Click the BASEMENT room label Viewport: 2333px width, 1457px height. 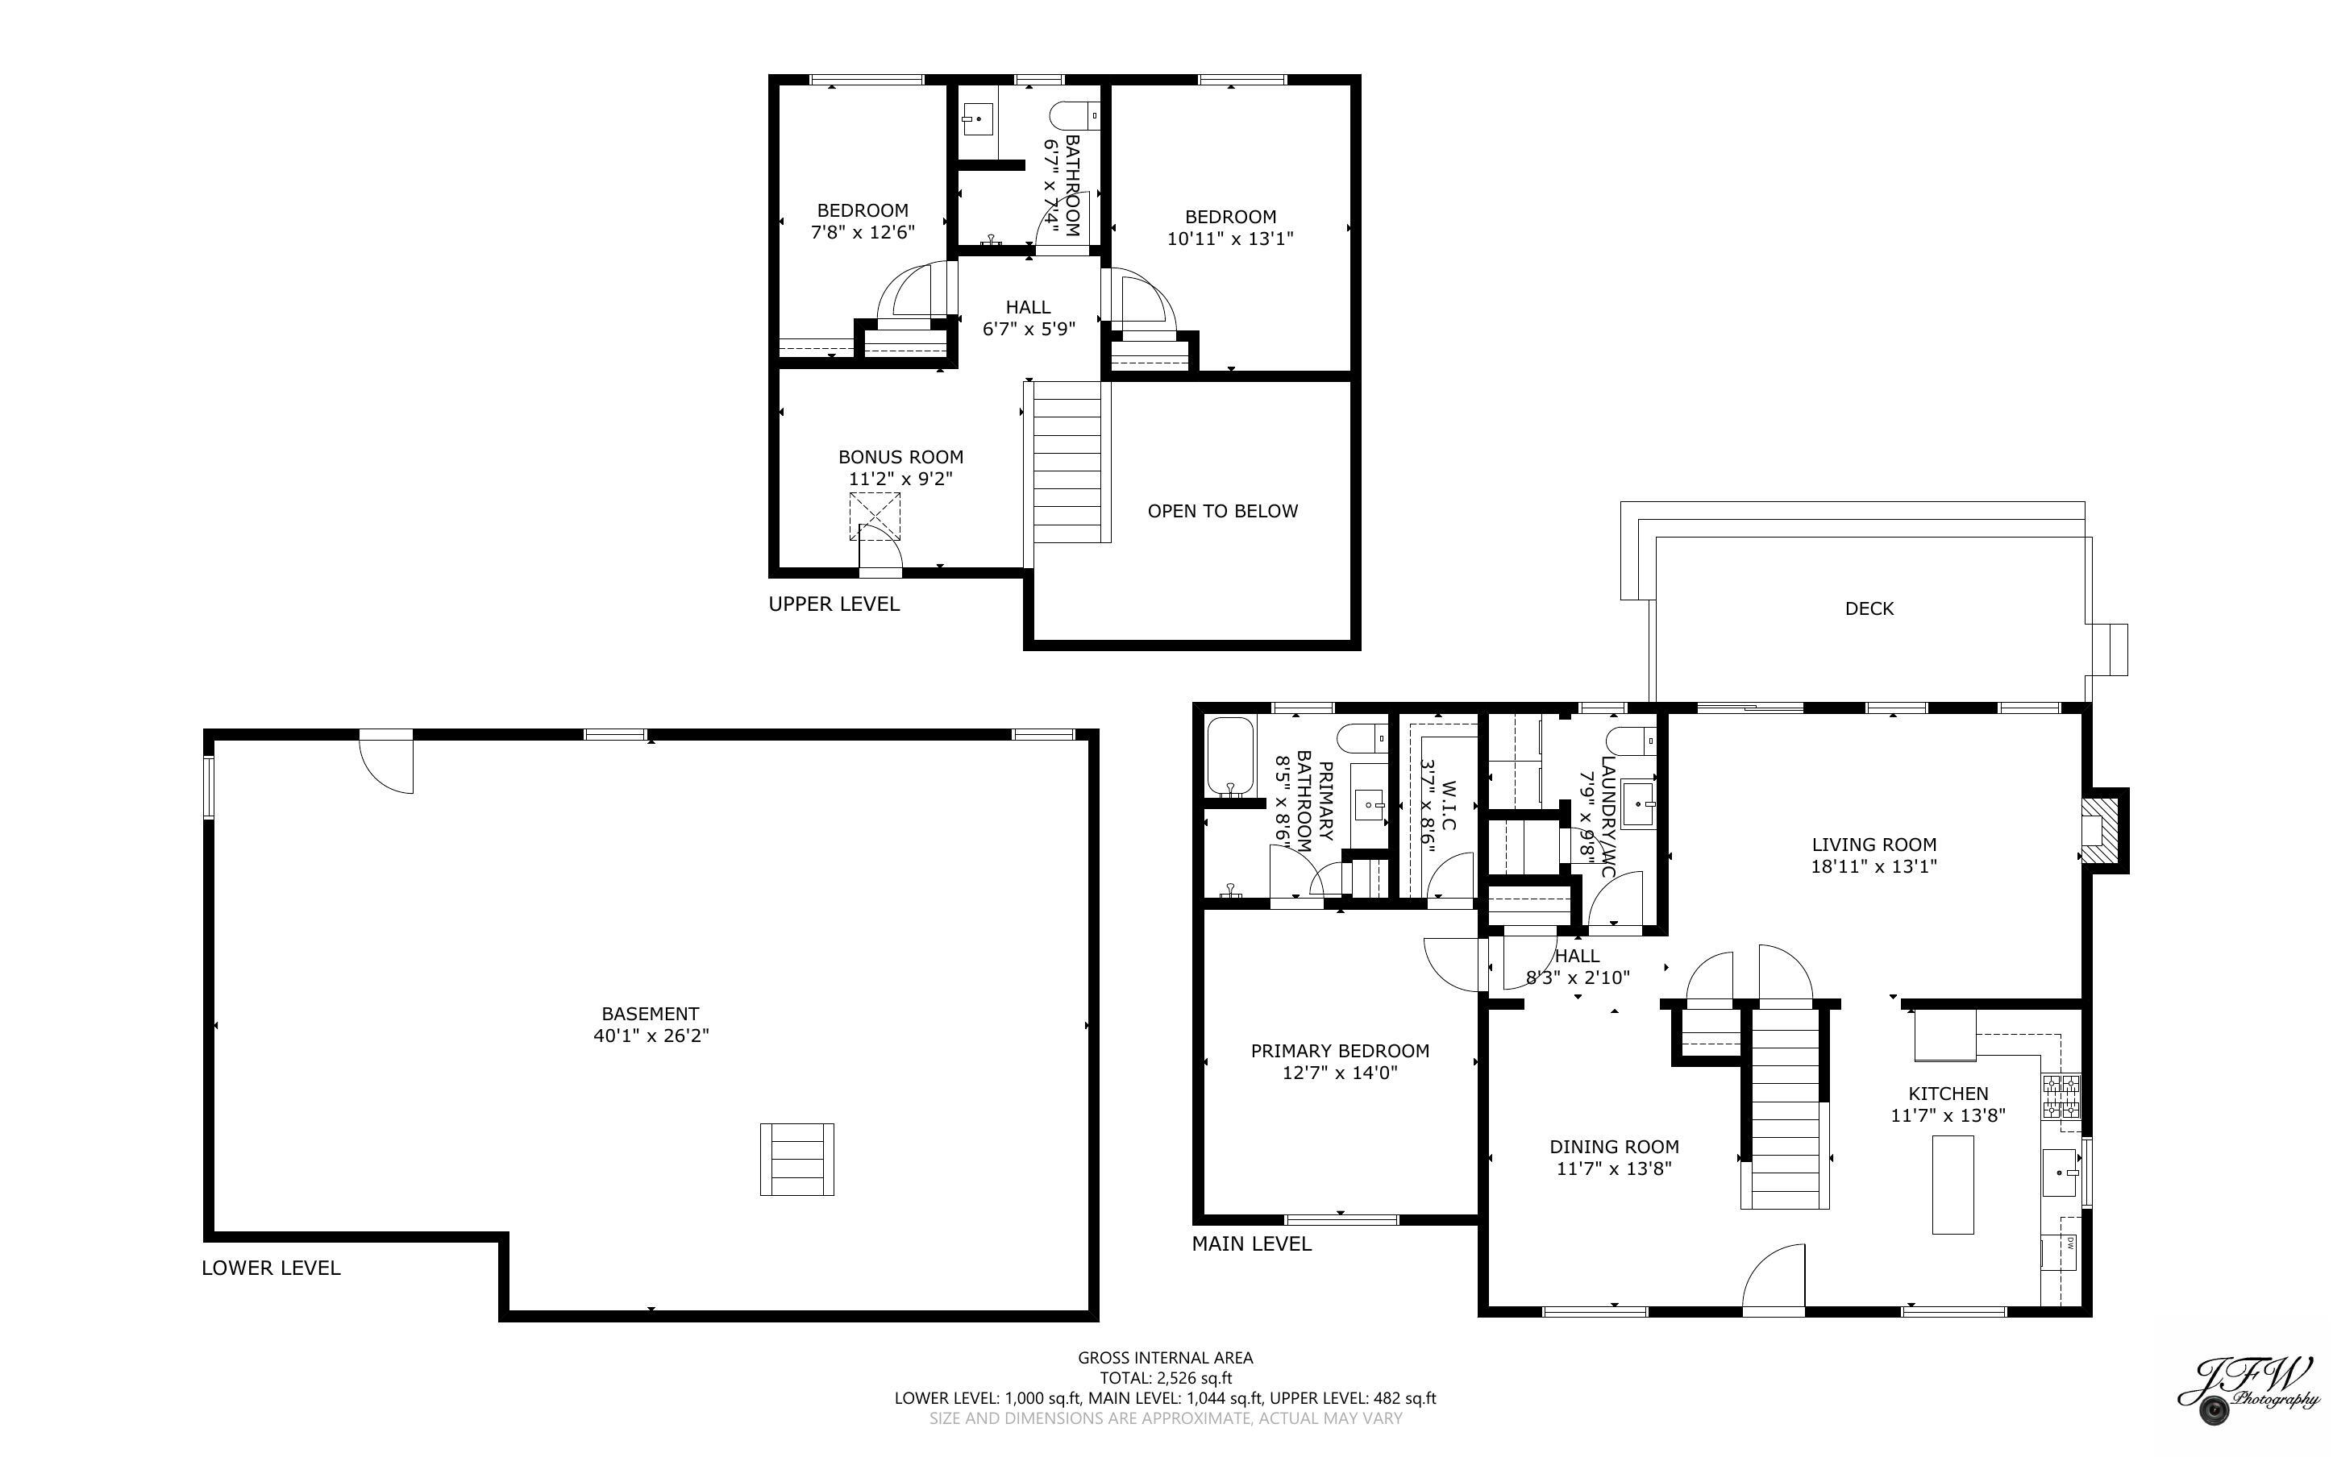tap(651, 1014)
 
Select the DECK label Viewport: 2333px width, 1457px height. tap(1869, 608)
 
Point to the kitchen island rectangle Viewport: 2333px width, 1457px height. tap(1952, 1185)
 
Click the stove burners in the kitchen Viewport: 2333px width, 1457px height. tap(2061, 1097)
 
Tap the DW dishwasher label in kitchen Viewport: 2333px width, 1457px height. tap(2068, 1243)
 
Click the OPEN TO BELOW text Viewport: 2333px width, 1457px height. tap(1222, 511)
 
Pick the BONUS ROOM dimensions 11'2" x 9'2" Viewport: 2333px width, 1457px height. tap(900, 478)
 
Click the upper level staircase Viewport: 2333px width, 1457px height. tap(1067, 461)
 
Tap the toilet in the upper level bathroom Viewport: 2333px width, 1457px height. tap(1075, 117)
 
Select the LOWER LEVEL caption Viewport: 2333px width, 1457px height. tap(271, 1268)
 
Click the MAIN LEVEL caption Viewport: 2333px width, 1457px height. tap(1251, 1244)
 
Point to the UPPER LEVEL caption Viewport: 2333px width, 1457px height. tap(834, 604)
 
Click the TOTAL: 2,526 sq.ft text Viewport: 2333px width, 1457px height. tap(1165, 1378)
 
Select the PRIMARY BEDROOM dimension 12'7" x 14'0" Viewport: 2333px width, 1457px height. tap(1340, 1072)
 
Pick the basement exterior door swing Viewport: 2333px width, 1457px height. tap(388, 762)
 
